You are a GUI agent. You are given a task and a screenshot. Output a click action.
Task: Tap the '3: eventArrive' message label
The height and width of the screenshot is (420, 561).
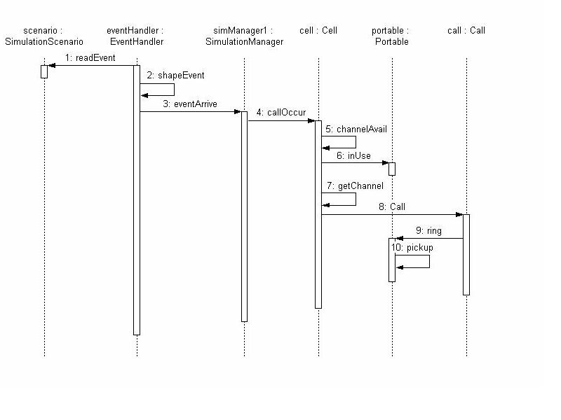(190, 104)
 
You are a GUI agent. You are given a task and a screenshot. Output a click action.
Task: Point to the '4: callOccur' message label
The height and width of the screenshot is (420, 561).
(280, 112)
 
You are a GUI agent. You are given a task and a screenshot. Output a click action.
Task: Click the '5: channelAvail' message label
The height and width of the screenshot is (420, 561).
(356, 129)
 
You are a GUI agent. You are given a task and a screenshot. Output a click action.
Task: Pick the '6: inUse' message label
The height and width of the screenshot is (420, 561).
(353, 155)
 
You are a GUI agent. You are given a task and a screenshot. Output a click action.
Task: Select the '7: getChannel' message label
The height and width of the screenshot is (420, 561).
(355, 186)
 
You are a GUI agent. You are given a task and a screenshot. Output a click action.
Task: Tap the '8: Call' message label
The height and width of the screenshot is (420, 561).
(391, 207)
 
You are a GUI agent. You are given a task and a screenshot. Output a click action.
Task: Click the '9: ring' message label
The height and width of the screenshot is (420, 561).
(428, 230)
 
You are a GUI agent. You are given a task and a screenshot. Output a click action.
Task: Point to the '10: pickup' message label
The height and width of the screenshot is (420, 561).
(412, 248)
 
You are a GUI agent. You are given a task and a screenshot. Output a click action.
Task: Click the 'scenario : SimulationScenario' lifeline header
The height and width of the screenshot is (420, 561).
(43, 36)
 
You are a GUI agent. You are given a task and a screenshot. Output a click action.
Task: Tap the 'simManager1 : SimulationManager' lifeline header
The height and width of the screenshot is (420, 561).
(244, 36)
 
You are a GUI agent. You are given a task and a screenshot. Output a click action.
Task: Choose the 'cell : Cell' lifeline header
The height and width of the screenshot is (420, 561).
(318, 31)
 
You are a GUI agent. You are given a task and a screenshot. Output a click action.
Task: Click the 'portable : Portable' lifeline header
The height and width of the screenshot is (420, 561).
(391, 36)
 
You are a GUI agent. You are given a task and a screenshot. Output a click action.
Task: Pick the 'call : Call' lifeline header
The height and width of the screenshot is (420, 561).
(466, 31)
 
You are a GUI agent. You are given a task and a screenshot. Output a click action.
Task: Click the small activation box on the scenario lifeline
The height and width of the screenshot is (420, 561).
(44, 71)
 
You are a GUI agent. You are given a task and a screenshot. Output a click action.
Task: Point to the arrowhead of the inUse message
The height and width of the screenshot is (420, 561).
(385, 163)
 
